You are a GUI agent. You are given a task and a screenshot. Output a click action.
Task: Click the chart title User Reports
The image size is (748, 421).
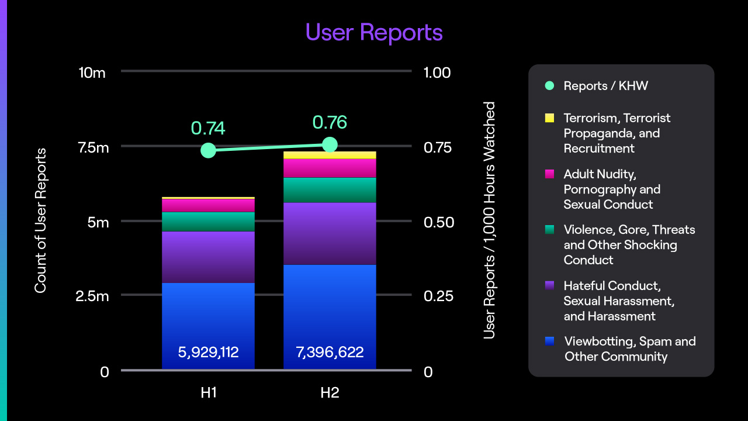tap(374, 32)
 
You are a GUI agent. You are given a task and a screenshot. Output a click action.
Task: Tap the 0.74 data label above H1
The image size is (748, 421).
tap(208, 128)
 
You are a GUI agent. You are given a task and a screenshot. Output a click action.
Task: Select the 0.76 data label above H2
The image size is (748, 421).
tap(330, 122)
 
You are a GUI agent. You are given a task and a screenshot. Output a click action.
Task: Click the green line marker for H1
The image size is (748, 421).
tap(208, 150)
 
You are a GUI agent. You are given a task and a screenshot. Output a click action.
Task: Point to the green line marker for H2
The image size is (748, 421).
tap(330, 144)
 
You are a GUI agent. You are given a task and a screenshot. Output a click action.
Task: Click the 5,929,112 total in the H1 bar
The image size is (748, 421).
tap(208, 352)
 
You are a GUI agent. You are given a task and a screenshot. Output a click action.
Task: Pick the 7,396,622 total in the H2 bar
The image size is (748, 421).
tap(330, 352)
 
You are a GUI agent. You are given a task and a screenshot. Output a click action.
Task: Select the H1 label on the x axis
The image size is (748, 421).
tap(208, 392)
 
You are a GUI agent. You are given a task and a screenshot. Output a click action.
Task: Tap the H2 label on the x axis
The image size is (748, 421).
tap(330, 392)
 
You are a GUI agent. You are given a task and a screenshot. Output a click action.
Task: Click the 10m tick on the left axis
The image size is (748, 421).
tap(92, 73)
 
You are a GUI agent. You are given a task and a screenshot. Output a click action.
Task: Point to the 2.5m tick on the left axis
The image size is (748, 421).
tap(92, 296)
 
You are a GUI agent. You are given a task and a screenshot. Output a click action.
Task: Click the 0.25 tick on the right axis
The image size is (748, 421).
tap(437, 296)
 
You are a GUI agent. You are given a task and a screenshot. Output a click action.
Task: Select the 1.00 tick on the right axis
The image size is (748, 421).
tap(437, 73)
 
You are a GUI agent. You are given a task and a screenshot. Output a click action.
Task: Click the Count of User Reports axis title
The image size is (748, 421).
tap(40, 220)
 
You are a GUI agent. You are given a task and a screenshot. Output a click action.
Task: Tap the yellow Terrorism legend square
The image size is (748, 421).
tap(549, 118)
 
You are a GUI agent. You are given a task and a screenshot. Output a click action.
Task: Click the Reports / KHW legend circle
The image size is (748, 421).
tap(549, 86)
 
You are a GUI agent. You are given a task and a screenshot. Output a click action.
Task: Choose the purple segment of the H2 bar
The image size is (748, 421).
tap(330, 233)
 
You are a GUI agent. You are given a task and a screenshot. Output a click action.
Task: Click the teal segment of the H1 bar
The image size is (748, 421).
tap(208, 222)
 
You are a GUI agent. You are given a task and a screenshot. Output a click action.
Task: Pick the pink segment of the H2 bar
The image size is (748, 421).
tap(330, 168)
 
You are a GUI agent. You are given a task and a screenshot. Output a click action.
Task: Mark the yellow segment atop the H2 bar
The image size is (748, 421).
tap(330, 155)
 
